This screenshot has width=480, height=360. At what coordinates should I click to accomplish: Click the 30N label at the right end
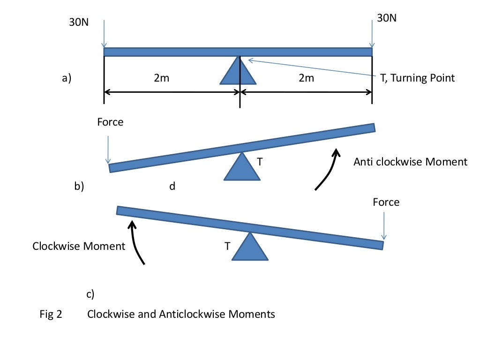pos(386,18)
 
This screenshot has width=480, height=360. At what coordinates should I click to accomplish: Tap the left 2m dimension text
pos(162,78)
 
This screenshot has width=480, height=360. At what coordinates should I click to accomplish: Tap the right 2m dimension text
pos(306,78)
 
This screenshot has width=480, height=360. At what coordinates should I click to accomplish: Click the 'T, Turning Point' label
pos(417,78)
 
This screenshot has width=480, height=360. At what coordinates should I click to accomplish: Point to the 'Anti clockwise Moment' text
pos(410,162)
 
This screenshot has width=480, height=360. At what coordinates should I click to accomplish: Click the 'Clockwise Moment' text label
pos(79,246)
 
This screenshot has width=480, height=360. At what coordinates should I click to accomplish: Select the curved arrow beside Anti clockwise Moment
pos(327,169)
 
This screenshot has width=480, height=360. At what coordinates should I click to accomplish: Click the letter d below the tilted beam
pos(172,187)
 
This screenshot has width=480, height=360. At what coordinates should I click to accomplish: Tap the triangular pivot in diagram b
pos(242,168)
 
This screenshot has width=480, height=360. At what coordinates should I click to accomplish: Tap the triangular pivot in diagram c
pos(250,248)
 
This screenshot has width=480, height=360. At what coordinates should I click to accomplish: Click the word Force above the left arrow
pos(110,122)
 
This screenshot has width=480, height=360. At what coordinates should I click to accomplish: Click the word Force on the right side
pos(386,202)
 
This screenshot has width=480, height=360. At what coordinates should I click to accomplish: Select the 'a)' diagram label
pos(67,78)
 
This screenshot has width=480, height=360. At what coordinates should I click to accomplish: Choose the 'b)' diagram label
pos(79,187)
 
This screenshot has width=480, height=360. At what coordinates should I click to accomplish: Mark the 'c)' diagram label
pos(90,294)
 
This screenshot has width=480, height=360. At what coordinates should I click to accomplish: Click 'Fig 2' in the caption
pos(51,314)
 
